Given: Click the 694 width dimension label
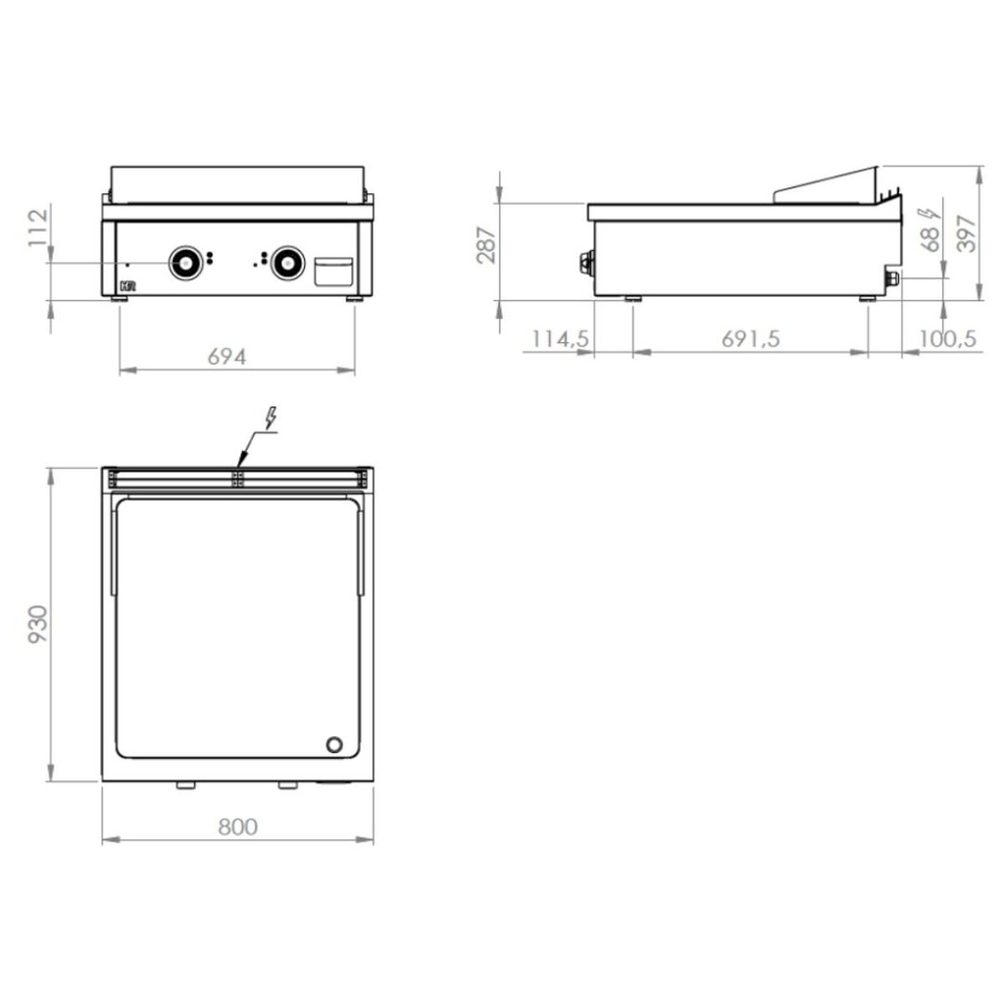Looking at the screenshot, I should point(226,356).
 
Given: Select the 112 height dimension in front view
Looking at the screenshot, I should point(38,227).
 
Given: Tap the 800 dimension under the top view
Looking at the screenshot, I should point(237,827).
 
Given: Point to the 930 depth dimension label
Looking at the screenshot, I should point(37,625).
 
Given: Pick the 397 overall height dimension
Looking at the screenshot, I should point(967,233).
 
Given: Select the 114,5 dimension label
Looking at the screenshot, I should point(560,338).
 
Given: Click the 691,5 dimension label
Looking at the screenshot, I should point(750,338).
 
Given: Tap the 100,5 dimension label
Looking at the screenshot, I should point(946,338).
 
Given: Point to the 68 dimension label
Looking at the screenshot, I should point(930,236).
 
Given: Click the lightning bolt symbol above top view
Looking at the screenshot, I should point(270,419).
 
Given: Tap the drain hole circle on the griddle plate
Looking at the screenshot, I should point(334,744).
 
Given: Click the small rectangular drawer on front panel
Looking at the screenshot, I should point(333,272).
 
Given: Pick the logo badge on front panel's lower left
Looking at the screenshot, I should point(126,286).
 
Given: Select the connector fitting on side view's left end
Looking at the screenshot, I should point(586,262).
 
